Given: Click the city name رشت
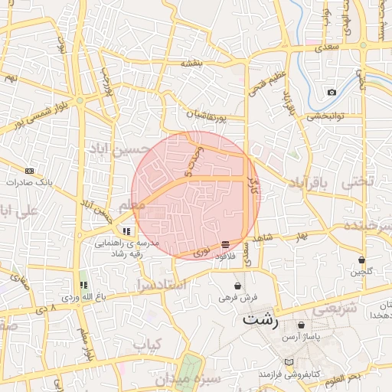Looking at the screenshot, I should point(260,320).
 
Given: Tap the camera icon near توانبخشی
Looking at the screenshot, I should point(331,93).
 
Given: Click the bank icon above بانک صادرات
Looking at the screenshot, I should point(29,171).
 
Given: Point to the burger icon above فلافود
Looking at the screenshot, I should point(224,245).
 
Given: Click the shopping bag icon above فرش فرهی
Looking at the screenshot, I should point(237,286).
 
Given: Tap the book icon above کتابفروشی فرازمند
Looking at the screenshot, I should point(288,361).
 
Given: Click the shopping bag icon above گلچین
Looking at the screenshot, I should point(361,260).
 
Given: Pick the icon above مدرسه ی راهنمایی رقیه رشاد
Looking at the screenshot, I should point(126,230).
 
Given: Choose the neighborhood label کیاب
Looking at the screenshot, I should point(149,345).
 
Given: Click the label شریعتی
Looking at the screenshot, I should point(335,309).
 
